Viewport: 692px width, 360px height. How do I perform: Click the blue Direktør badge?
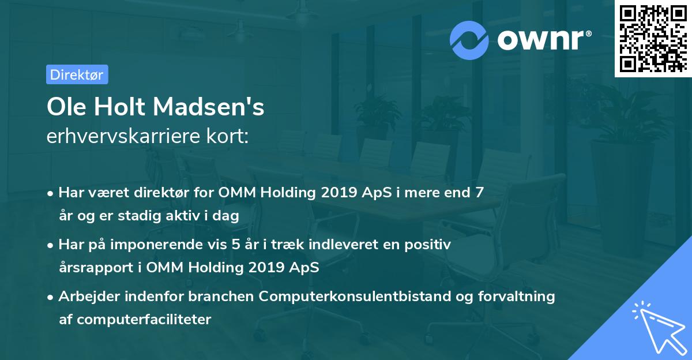coord(77,74)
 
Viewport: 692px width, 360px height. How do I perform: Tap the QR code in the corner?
coord(653,38)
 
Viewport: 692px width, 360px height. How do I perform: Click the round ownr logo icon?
coord(470,40)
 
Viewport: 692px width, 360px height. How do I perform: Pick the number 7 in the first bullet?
coord(479,193)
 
